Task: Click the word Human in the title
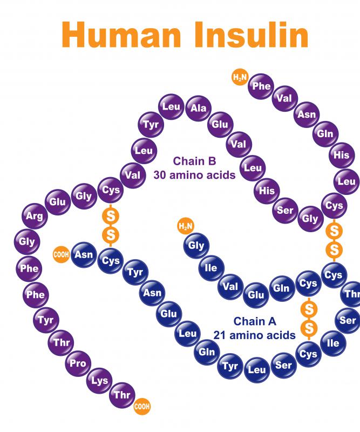(121, 35)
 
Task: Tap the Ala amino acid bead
(199, 109)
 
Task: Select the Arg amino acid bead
(35, 216)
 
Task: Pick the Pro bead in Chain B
(78, 363)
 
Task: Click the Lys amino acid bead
(99, 381)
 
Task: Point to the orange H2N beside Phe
(240, 77)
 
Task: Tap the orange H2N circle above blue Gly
(186, 226)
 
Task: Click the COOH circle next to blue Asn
(61, 254)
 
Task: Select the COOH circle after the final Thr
(142, 406)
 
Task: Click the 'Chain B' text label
(194, 161)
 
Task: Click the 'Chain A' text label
(255, 321)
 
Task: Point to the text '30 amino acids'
(194, 175)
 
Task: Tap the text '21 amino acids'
(255, 335)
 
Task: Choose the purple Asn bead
(307, 114)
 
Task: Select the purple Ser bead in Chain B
(286, 211)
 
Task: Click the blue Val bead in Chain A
(230, 287)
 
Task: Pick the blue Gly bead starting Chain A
(196, 246)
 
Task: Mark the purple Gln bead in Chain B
(325, 134)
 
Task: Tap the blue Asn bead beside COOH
(84, 254)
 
